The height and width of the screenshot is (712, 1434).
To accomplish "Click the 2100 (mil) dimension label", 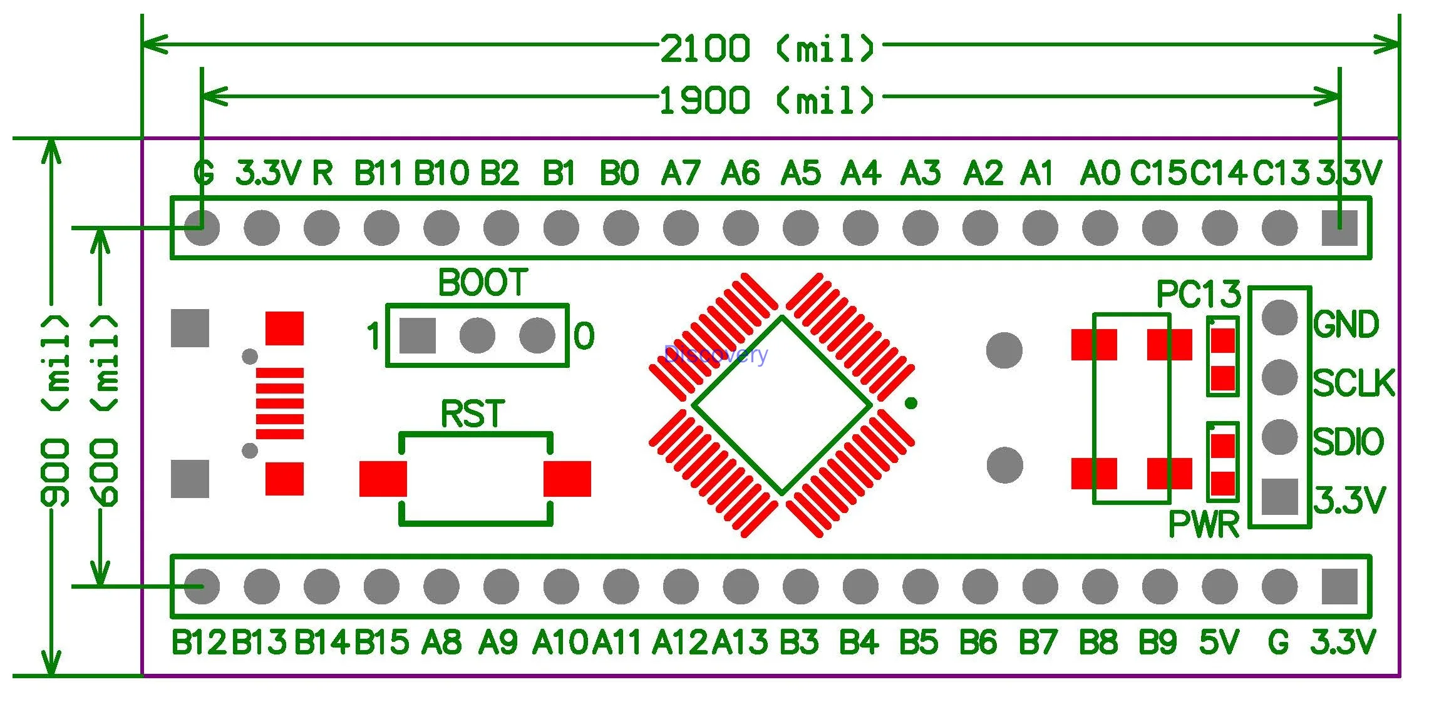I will (768, 48).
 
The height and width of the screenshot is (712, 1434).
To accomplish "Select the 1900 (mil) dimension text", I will (768, 100).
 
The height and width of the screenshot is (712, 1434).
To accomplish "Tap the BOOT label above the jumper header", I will (483, 283).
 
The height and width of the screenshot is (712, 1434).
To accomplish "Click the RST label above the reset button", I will (473, 414).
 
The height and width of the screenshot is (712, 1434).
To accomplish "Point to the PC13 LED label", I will (1198, 293).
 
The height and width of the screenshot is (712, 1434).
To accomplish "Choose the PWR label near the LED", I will (1204, 524).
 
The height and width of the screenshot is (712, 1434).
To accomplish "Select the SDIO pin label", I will (1348, 442).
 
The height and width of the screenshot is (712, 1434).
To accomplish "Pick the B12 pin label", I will (198, 643).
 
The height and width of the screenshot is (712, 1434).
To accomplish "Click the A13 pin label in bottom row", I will (740, 643).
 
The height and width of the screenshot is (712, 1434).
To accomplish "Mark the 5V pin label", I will (1219, 643).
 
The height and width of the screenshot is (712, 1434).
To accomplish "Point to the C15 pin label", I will (1158, 173).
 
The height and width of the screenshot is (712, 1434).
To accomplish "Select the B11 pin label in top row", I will (378, 173).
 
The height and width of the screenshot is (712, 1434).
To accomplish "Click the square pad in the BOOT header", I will (418, 335).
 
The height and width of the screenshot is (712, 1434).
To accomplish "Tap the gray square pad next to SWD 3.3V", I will (1279, 497).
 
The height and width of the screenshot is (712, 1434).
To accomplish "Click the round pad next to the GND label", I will (1279, 317).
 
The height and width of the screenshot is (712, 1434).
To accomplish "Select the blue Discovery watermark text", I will (715, 355).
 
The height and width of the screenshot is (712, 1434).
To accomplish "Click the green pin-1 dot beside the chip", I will (911, 403).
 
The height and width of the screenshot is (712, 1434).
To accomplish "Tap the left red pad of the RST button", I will (383, 479).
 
